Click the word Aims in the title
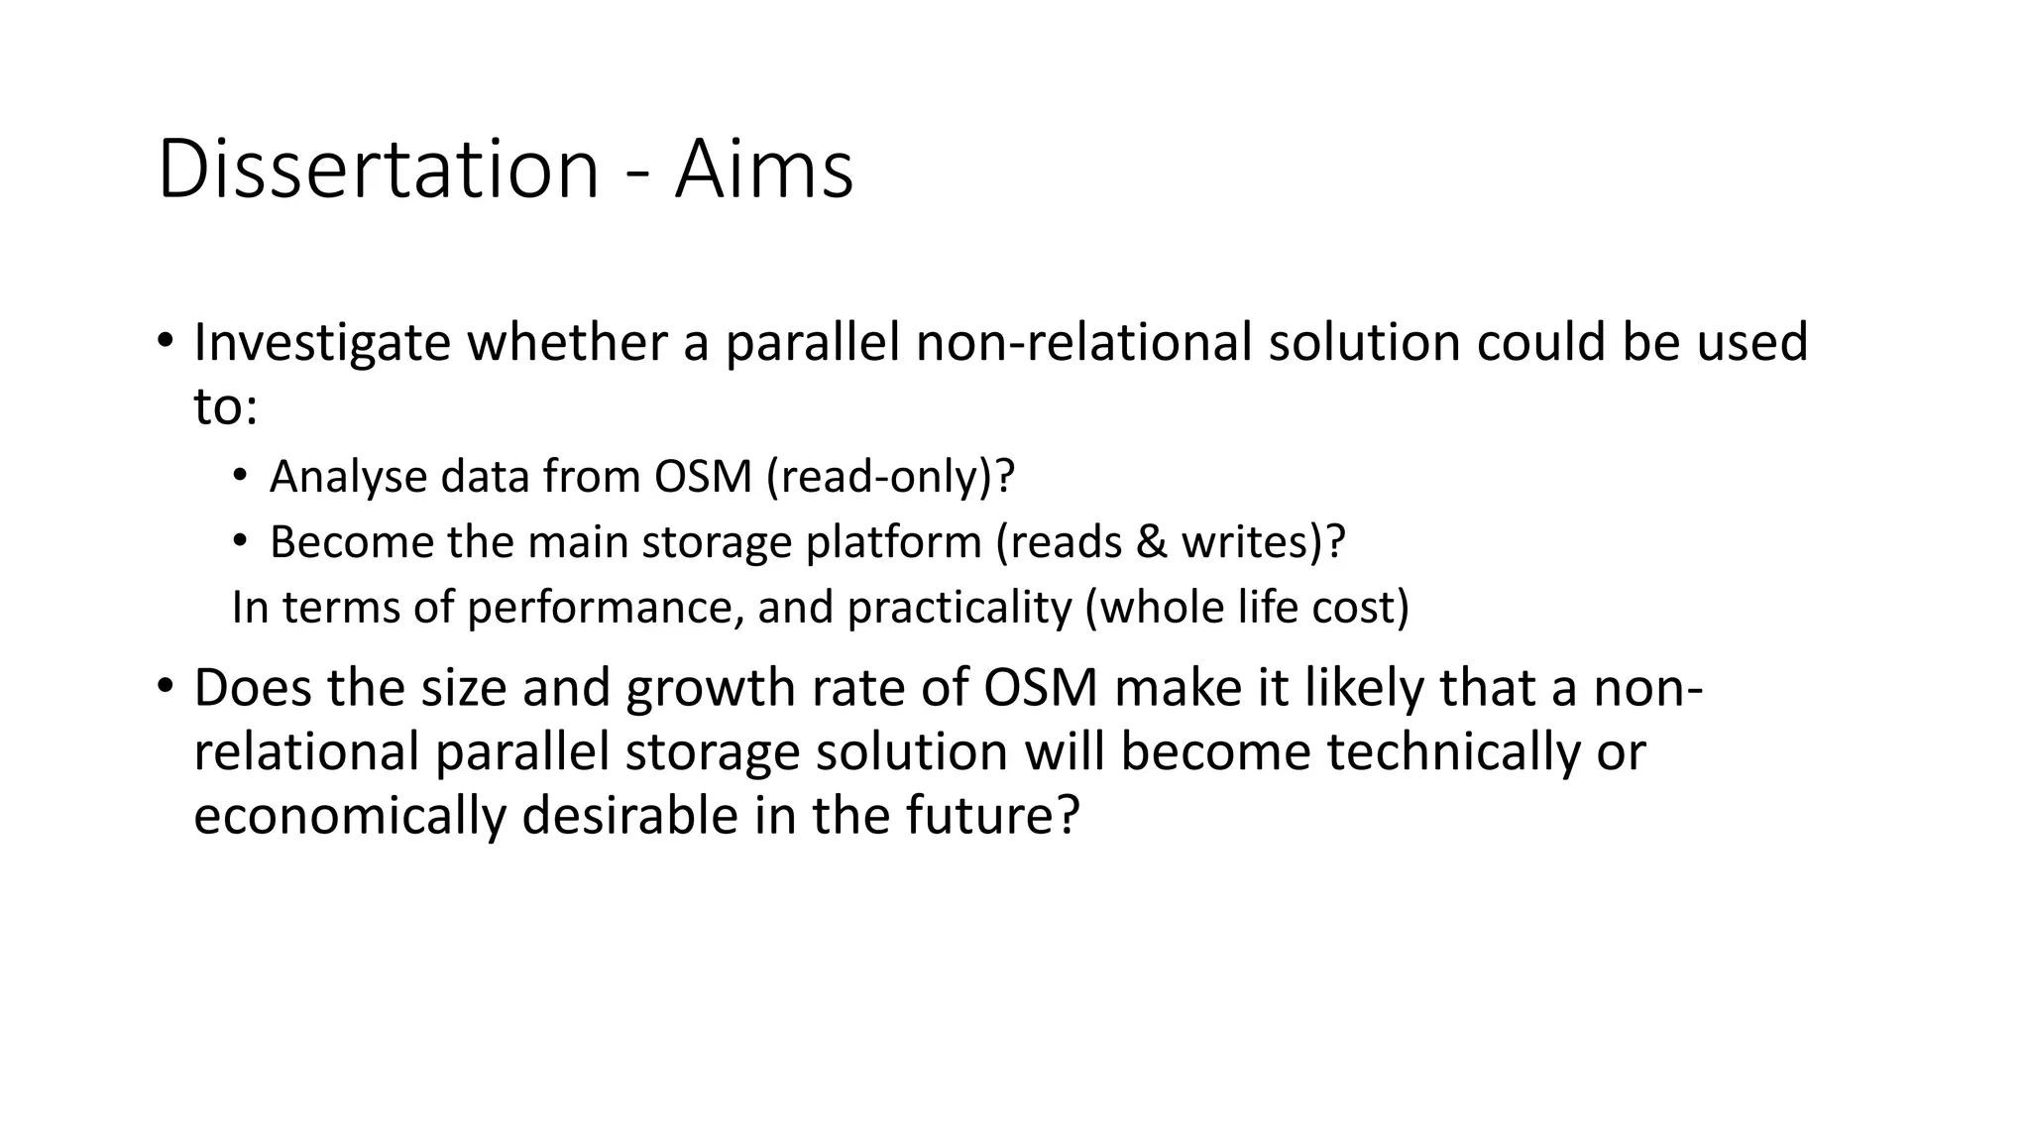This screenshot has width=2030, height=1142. point(763,171)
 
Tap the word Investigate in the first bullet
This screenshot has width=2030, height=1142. point(322,343)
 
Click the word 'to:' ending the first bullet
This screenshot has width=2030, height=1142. point(226,406)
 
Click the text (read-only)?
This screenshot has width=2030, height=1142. point(891,477)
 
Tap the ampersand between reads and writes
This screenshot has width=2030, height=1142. point(1150,542)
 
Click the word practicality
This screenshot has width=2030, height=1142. point(959,607)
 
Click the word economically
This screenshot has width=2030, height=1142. point(349,815)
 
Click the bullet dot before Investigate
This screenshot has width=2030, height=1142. point(166,341)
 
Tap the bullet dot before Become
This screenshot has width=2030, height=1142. point(240,541)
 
